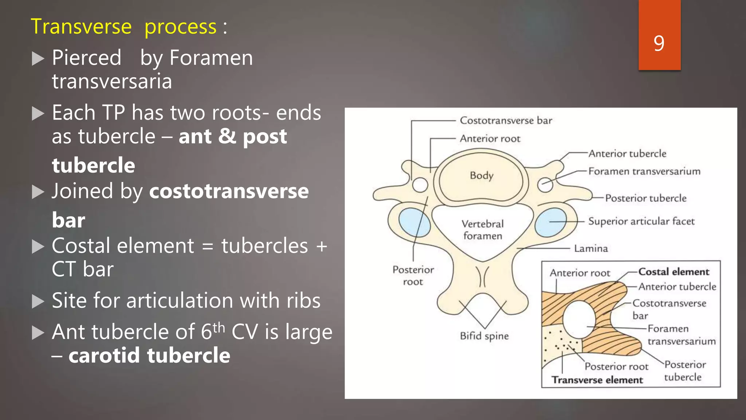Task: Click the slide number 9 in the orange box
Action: point(659,43)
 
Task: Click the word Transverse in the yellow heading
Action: point(81,27)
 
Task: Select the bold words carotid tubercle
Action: point(149,355)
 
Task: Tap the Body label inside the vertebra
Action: point(482,175)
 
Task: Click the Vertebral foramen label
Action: point(483,230)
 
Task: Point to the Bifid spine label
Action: point(484,336)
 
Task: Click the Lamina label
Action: point(591,249)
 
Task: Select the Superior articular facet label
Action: point(641,221)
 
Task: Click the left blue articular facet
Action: point(414,222)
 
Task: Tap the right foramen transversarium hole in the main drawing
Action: point(545,184)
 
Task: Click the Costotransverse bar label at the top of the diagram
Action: point(506,121)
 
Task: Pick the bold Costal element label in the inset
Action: point(674,272)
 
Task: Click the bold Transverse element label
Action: point(597,380)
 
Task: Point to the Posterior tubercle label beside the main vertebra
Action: point(645,198)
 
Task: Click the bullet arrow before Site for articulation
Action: point(38,302)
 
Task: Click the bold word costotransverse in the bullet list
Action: point(229,191)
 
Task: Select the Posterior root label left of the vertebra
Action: point(413,276)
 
